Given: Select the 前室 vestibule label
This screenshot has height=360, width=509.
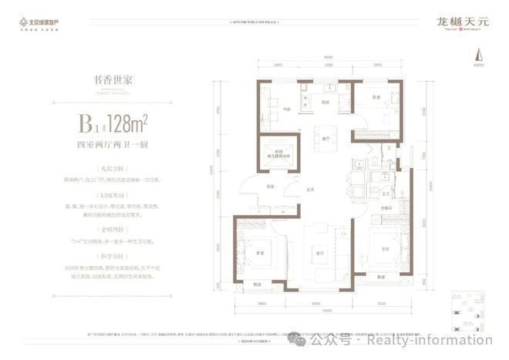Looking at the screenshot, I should (271, 185).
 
